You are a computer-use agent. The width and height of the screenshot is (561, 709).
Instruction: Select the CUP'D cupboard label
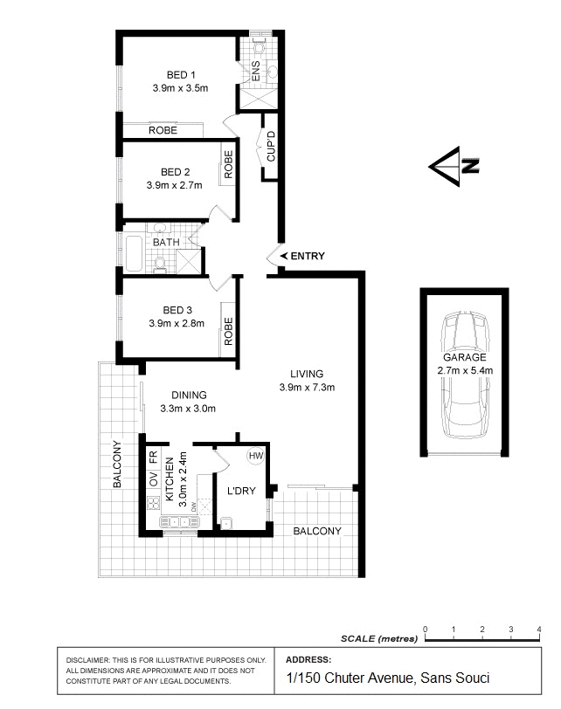coord(271,146)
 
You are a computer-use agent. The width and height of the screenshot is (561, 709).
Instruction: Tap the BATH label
coord(167,242)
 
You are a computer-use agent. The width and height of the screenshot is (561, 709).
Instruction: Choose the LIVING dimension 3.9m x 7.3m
coord(307,388)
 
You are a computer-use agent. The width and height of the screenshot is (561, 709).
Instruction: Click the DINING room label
coord(189,395)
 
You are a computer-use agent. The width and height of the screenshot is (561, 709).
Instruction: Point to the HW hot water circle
coord(256,456)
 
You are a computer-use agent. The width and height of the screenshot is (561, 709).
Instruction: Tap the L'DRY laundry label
coord(240,491)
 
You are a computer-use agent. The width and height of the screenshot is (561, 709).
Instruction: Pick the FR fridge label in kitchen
coord(153,457)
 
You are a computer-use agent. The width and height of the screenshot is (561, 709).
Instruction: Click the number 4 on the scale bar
coord(538,629)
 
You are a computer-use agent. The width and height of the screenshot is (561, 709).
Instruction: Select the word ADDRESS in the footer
coord(308,659)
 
